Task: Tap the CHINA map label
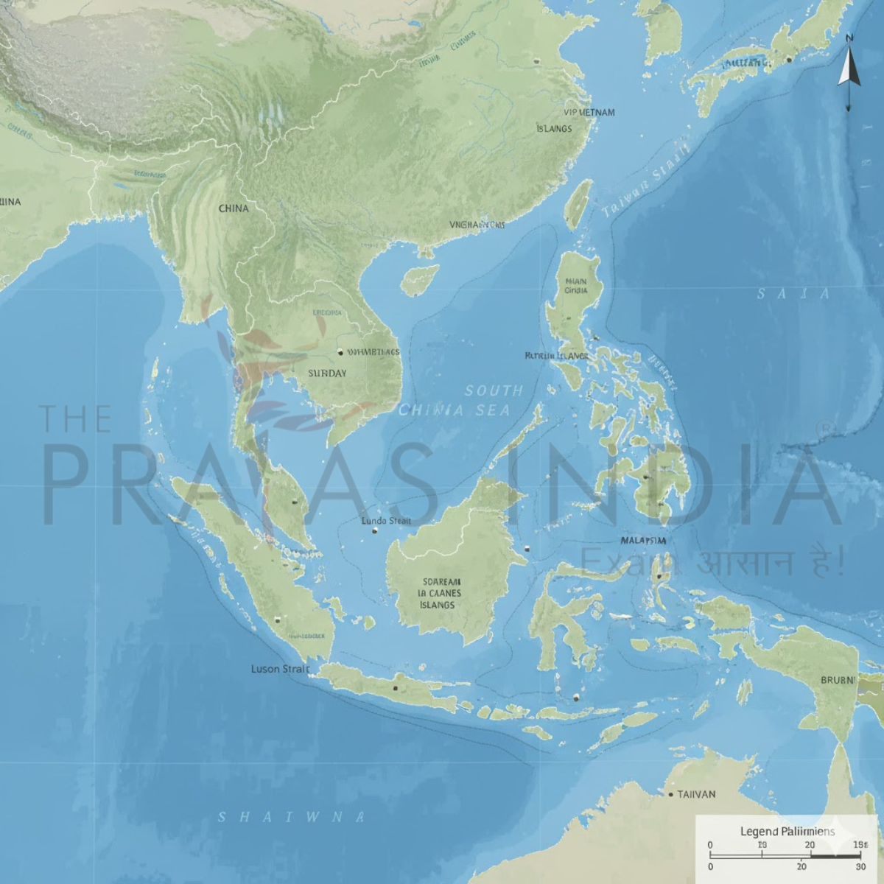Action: coord(234,208)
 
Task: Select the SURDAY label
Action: coord(326,373)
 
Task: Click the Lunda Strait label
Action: coord(387,521)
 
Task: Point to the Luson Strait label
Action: coord(281,669)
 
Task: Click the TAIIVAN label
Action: coord(695,794)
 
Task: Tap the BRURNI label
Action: coord(838,680)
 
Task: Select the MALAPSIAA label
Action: coord(643,540)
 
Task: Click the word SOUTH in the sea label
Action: coord(494,390)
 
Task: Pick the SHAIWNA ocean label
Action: coord(292,816)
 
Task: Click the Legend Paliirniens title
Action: coord(787,831)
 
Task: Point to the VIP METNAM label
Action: coord(589,113)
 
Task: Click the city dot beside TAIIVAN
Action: coord(670,794)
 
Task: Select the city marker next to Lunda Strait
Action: coord(374,530)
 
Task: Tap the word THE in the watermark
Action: coord(75,418)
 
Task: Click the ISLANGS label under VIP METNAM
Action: coord(554,128)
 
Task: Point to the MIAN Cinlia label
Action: coord(576,285)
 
